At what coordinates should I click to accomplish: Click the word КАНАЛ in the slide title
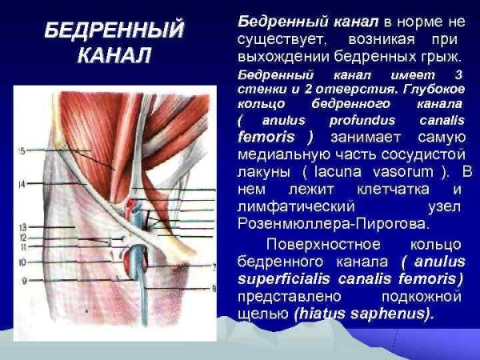[113, 58]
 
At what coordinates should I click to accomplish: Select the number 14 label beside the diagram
[22, 185]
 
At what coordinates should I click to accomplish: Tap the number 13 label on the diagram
[23, 227]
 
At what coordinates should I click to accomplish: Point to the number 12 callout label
[23, 238]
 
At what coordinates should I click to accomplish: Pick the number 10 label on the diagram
[23, 262]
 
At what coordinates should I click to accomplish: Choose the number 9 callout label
[24, 281]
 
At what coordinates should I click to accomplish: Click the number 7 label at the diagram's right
[215, 266]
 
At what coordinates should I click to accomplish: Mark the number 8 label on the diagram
[214, 288]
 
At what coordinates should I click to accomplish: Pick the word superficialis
[286, 279]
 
